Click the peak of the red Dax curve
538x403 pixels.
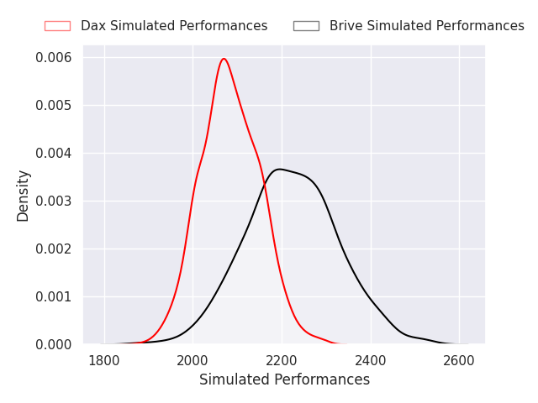224,59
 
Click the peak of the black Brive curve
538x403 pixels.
280,169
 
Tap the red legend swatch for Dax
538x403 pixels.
57,26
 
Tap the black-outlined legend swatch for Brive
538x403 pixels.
306,26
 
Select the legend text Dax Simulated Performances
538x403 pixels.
174,26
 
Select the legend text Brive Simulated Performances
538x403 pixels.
426,26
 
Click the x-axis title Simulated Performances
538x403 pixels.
284,380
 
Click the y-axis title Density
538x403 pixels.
24,195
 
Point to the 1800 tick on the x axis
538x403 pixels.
104,360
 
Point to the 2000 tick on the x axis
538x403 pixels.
193,360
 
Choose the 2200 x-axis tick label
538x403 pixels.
282,360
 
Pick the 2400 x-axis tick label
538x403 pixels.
371,360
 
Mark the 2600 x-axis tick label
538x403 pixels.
459,360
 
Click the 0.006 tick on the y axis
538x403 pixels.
54,58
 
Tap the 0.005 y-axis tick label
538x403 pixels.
54,106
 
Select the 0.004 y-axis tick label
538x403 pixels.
54,154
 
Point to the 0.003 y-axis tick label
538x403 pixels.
54,201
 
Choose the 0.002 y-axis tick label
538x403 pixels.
54,249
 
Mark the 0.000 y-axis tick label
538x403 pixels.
54,344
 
